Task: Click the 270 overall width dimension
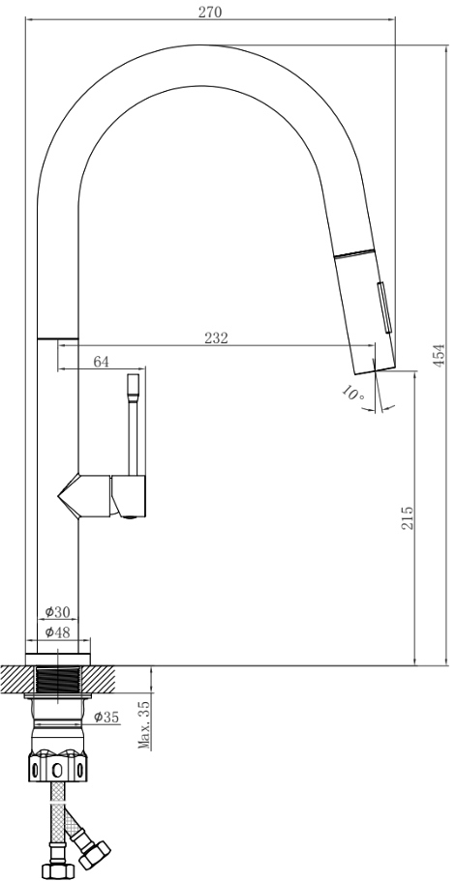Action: pyautogui.click(x=210, y=12)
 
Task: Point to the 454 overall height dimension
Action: pyautogui.click(x=440, y=355)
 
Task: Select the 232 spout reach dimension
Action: pyautogui.click(x=216, y=338)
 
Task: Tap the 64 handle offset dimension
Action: pyautogui.click(x=101, y=362)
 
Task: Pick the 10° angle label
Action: pyautogui.click(x=353, y=393)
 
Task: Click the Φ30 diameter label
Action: pyautogui.click(x=57, y=611)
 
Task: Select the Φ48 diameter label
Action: pyautogui.click(x=57, y=632)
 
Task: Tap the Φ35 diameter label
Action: pyautogui.click(x=106, y=717)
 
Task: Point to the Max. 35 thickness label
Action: pyautogui.click(x=144, y=724)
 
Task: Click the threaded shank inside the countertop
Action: pyautogui.click(x=57, y=679)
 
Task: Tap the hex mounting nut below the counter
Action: pyautogui.click(x=57, y=768)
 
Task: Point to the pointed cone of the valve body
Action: pyautogui.click(x=68, y=496)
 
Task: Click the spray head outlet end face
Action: pyautogui.click(x=375, y=368)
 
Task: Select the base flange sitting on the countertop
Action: pyautogui.click(x=57, y=660)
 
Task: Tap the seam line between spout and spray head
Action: pyautogui.click(x=354, y=252)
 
